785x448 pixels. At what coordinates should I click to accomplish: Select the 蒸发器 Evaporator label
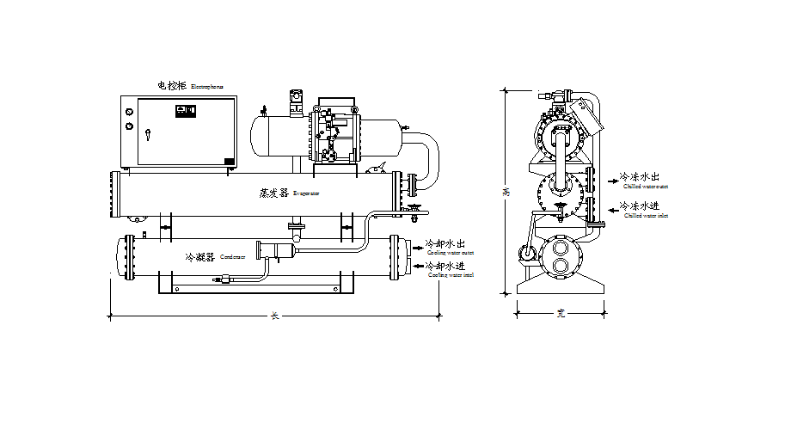[273, 193]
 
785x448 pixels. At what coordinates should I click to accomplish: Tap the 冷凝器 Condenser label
[200, 257]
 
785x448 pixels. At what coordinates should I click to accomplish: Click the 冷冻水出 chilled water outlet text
[640, 177]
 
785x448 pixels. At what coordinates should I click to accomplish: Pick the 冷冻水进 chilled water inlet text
[640, 206]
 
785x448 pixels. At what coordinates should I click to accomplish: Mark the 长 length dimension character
[275, 316]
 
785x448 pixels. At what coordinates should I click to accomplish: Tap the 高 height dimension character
[506, 193]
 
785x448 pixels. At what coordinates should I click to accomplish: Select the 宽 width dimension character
[560, 315]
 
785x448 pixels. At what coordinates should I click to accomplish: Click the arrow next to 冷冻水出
[612, 181]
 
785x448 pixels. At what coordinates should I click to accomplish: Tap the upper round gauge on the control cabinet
[129, 110]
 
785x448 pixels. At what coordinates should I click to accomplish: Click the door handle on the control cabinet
[148, 134]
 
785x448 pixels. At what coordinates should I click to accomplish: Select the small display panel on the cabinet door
[186, 110]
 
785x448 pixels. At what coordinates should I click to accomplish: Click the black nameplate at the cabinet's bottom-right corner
[229, 160]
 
